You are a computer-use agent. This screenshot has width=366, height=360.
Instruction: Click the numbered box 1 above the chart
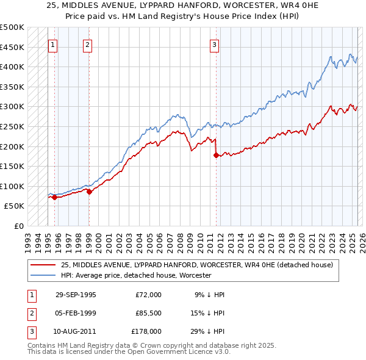coord(52,45)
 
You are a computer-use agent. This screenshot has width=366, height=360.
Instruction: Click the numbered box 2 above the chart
coord(88,45)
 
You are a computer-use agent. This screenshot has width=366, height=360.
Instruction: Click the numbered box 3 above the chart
coord(215,45)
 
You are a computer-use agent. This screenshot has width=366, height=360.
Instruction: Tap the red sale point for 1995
coord(54,197)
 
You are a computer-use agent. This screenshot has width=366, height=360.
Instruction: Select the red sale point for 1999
coord(89,192)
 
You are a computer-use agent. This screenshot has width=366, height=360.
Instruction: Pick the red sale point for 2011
coord(216,155)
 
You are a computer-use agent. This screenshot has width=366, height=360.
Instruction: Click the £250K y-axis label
coord(12,126)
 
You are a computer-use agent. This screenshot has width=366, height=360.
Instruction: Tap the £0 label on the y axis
coord(18,226)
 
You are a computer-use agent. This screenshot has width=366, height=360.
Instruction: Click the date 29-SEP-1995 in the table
coord(76,295)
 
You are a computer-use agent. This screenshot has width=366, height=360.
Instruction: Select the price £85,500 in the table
coord(148,312)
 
